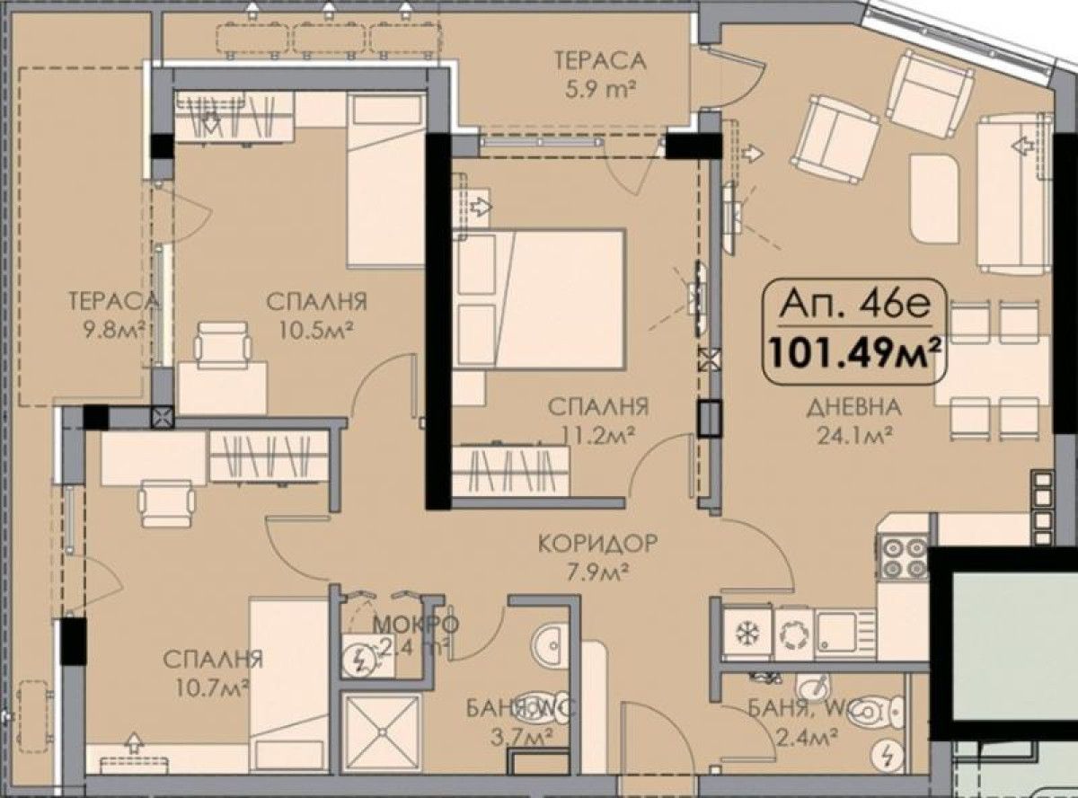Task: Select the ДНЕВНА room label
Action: pyautogui.click(x=853, y=408)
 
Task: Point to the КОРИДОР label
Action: pyautogui.click(x=597, y=543)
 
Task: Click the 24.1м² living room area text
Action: pyautogui.click(x=853, y=436)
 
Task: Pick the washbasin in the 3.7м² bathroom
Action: pyautogui.click(x=549, y=643)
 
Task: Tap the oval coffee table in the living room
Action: pyautogui.click(x=936, y=198)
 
